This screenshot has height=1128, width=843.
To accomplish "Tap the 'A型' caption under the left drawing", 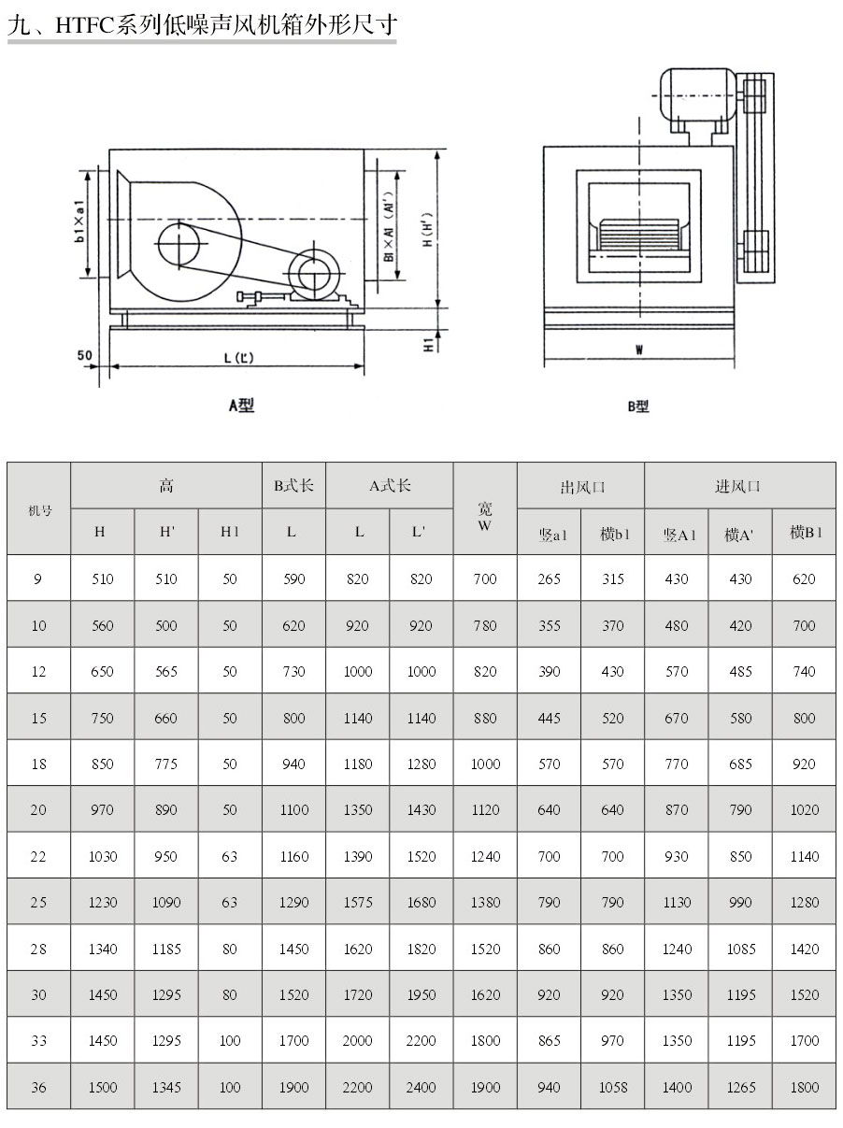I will tap(241, 405).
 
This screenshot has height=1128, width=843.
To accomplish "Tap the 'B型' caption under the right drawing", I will tap(638, 407).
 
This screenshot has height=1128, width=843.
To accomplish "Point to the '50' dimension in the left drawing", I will tap(84, 355).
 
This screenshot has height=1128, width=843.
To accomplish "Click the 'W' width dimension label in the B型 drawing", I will tap(639, 350).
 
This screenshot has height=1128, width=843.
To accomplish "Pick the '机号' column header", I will tap(39, 509).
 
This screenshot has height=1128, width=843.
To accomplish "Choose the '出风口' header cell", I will tap(581, 486).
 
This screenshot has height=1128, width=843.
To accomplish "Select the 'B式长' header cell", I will tap(293, 486).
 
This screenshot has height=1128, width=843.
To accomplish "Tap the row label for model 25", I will tap(38, 903).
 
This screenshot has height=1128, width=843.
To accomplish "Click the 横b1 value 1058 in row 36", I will tap(612, 1088).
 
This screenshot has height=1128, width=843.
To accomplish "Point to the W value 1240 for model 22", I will tap(485, 857).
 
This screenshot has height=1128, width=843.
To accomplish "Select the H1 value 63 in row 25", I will tap(230, 903).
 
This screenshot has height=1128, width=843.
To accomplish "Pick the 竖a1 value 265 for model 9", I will tap(550, 579).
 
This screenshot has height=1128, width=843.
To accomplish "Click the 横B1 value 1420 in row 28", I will tap(804, 950).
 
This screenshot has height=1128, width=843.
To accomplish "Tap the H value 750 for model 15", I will tap(103, 718).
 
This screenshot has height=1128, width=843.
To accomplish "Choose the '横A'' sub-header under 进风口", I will tap(739, 534).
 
